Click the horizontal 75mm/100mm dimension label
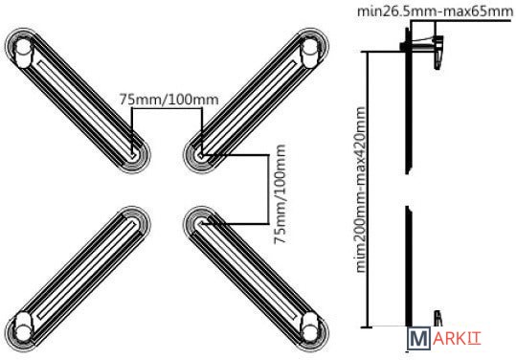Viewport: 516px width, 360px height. [168, 100]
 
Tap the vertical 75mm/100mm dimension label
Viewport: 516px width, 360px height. [280, 193]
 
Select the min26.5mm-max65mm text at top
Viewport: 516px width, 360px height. [435, 11]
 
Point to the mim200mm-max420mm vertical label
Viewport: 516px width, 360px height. [361, 190]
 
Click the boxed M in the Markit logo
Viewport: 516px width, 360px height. [418, 338]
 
